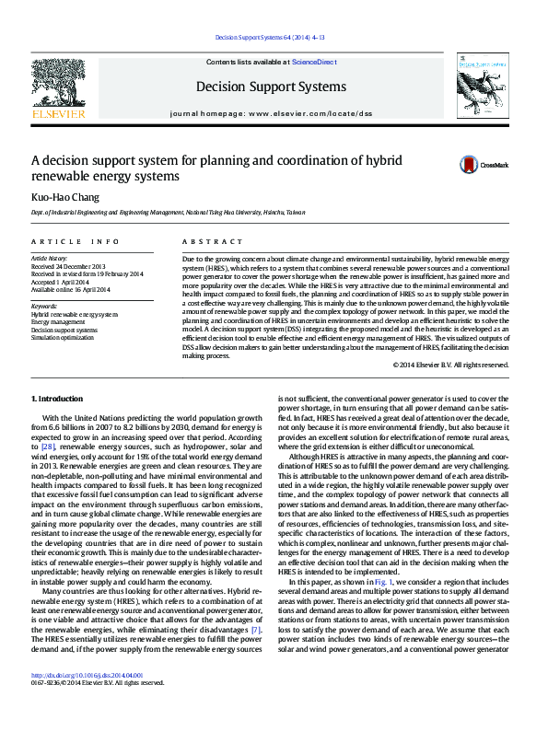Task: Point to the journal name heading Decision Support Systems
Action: (x=271, y=87)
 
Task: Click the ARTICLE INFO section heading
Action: (x=76, y=241)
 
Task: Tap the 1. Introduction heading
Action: (x=57, y=399)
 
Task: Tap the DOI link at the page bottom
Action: (x=87, y=698)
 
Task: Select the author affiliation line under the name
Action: (x=168, y=213)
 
